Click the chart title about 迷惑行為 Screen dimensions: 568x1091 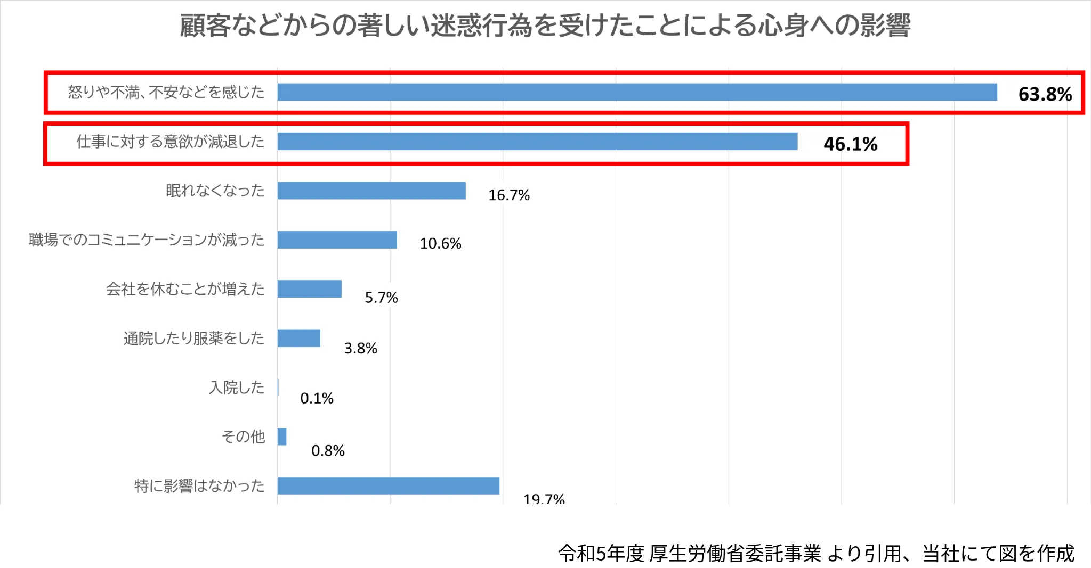[x=545, y=25]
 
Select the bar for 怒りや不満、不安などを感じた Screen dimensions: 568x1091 [x=637, y=92]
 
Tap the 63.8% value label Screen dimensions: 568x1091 [x=1045, y=94]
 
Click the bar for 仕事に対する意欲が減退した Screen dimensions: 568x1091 [x=537, y=142]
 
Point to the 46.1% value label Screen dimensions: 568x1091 [x=850, y=144]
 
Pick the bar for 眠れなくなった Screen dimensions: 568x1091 [x=371, y=191]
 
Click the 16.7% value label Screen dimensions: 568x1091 [x=508, y=195]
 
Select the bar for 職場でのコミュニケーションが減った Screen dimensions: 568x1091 [x=337, y=240]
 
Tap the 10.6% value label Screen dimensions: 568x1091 [x=440, y=244]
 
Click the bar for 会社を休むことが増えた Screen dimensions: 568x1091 [x=309, y=289]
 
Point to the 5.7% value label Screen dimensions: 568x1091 [x=381, y=298]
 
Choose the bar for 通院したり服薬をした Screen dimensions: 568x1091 [x=298, y=338]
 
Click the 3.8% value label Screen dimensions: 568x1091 [x=360, y=348]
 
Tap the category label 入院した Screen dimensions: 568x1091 [x=237, y=388]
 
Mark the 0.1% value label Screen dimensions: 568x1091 [x=317, y=398]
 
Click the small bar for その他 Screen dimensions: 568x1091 [x=282, y=437]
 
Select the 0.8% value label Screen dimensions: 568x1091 [x=328, y=451]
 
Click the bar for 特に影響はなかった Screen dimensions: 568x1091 [x=388, y=485]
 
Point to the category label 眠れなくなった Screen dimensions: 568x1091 [x=215, y=191]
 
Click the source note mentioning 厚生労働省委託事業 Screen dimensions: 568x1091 [x=815, y=554]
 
